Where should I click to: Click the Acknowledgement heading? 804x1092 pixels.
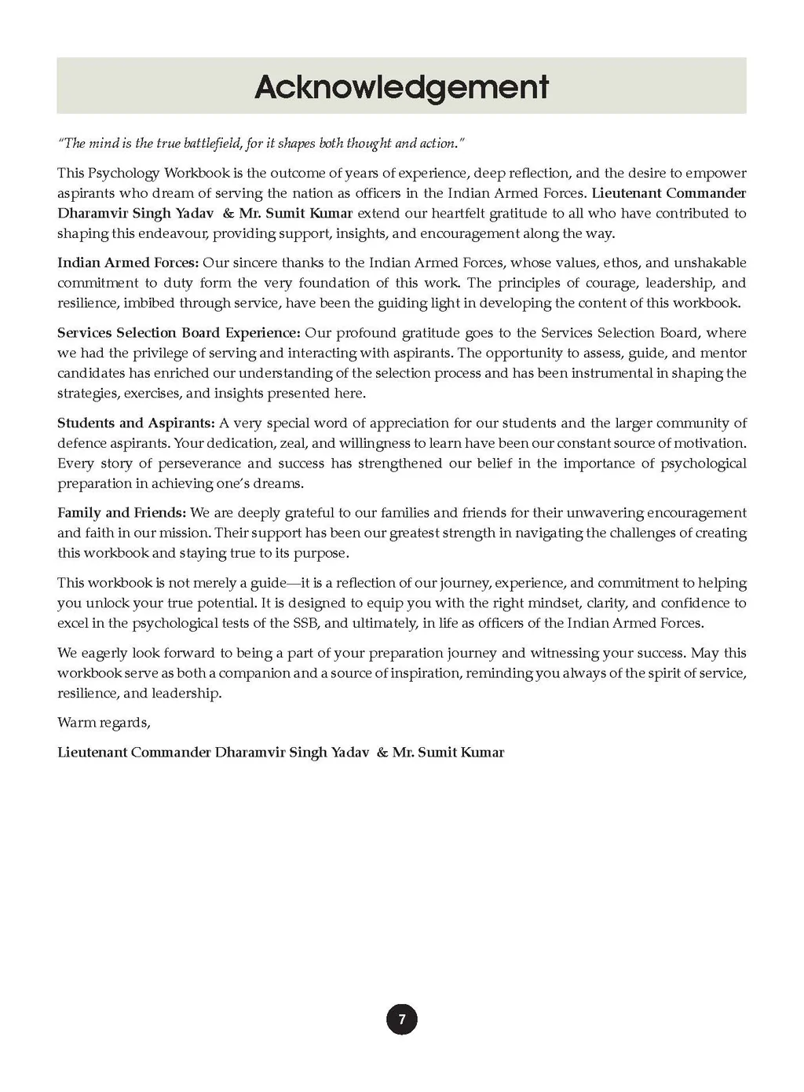tap(401, 86)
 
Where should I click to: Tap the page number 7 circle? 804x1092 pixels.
tap(402, 1020)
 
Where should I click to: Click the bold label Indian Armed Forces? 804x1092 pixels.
tap(127, 263)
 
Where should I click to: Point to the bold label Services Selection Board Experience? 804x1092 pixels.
tap(178, 333)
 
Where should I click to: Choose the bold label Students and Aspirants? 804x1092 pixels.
tap(136, 423)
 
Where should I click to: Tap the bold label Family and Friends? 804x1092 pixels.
tap(122, 513)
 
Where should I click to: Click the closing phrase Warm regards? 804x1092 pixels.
tap(104, 723)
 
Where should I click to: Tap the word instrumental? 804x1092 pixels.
tap(611, 373)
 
